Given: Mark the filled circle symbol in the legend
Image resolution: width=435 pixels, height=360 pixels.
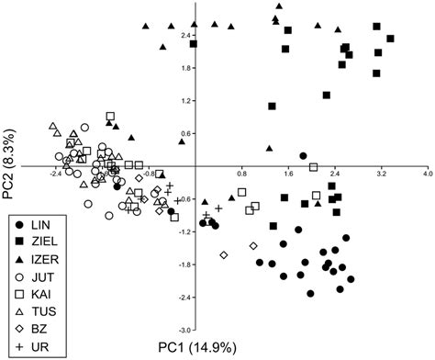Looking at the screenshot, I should pyautogui.click(x=19, y=223).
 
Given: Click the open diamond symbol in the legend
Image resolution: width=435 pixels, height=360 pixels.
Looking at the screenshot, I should pyautogui.click(x=19, y=330).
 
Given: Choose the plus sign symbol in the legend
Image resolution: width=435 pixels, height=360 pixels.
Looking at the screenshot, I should pyautogui.click(x=19, y=347).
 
